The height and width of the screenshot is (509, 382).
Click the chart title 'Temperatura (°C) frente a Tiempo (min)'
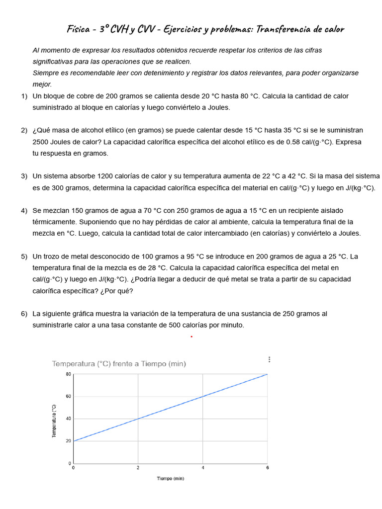pyautogui.click(x=119, y=364)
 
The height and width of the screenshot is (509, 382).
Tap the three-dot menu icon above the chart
pyautogui.click(x=269, y=359)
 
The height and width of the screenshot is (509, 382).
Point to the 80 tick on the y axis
pyautogui.click(x=69, y=374)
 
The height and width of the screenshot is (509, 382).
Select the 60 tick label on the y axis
pyautogui.click(x=69, y=397)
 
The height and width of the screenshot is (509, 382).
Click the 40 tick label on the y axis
pyautogui.click(x=69, y=419)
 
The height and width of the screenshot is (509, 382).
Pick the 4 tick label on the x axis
pyautogui.click(x=203, y=468)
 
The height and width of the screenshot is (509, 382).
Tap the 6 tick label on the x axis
pyautogui.click(x=268, y=468)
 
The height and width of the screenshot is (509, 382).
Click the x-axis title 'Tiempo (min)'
pyautogui.click(x=171, y=479)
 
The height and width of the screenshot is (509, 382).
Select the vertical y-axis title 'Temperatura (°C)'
pyautogui.click(x=54, y=421)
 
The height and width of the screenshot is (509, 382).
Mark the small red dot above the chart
pyautogui.click(x=191, y=337)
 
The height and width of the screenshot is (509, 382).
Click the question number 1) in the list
pyautogui.click(x=24, y=96)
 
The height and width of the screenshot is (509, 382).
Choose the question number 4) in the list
pyautogui.click(x=24, y=211)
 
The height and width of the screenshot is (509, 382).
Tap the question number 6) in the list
pyautogui.click(x=24, y=314)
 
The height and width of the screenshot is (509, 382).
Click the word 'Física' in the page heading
pyautogui.click(x=78, y=29)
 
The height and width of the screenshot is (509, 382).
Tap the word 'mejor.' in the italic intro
pyautogui.click(x=42, y=85)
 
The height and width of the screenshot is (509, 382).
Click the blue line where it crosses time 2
pyautogui.click(x=138, y=419)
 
